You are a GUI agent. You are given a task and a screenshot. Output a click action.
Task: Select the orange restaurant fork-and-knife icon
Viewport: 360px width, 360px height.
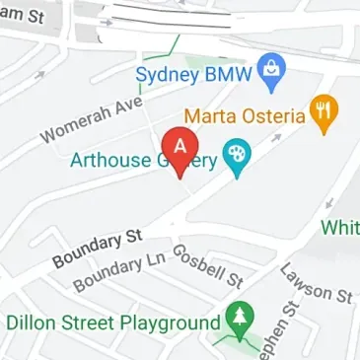[x=322, y=113]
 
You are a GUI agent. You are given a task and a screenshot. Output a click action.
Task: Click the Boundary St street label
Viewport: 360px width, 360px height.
[x=99, y=248]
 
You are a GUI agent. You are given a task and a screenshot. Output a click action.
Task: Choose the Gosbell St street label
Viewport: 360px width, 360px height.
[x=207, y=264]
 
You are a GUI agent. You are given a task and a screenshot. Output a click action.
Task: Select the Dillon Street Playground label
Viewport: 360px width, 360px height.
[x=111, y=324]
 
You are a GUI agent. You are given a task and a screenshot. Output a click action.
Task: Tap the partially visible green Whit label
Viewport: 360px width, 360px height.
[x=339, y=229]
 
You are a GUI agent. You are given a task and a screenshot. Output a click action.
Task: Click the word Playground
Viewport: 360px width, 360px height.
[x=170, y=324]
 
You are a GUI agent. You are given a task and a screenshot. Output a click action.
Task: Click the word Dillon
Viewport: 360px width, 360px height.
[x=30, y=324]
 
